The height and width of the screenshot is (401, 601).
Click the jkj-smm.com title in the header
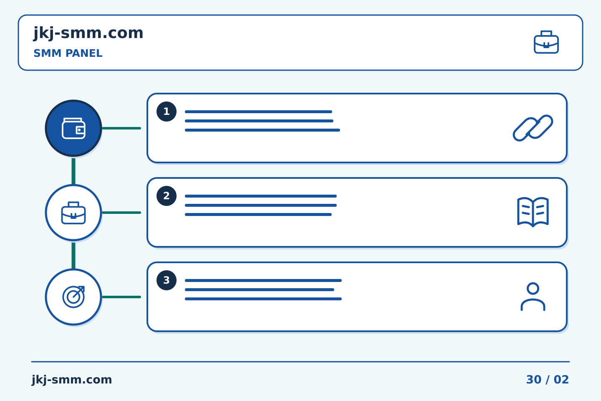coord(88,33)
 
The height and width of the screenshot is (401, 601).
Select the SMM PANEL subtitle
coord(68,53)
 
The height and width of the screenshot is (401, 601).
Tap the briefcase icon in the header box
coord(546,42)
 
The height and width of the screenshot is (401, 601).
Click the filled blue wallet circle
coord(73,128)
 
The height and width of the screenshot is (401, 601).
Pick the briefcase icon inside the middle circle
coord(73,213)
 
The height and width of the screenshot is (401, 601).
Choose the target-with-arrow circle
coord(73,297)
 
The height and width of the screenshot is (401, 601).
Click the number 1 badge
coord(167,112)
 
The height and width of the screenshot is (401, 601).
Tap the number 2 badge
coord(167,196)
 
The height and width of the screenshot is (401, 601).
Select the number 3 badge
coord(167,280)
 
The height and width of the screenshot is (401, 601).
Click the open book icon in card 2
coord(533,212)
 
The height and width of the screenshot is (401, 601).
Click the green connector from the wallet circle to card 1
coord(121,128)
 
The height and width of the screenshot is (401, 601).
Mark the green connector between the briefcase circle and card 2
coord(121,213)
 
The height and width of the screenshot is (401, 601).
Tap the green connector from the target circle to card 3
coord(121,297)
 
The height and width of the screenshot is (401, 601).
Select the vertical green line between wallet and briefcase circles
coord(73,171)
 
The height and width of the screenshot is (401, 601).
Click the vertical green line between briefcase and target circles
coord(73,256)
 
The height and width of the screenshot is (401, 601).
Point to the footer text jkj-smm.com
coord(72,380)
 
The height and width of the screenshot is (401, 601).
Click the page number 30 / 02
coord(547,380)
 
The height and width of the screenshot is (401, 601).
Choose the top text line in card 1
coord(258,112)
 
